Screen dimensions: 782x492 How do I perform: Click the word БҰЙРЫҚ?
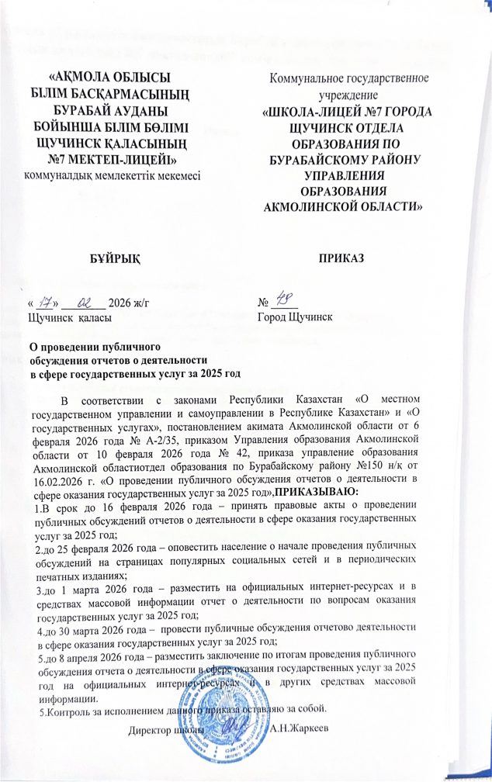click(118, 255)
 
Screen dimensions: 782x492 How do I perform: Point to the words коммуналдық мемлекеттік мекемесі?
click(113, 176)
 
